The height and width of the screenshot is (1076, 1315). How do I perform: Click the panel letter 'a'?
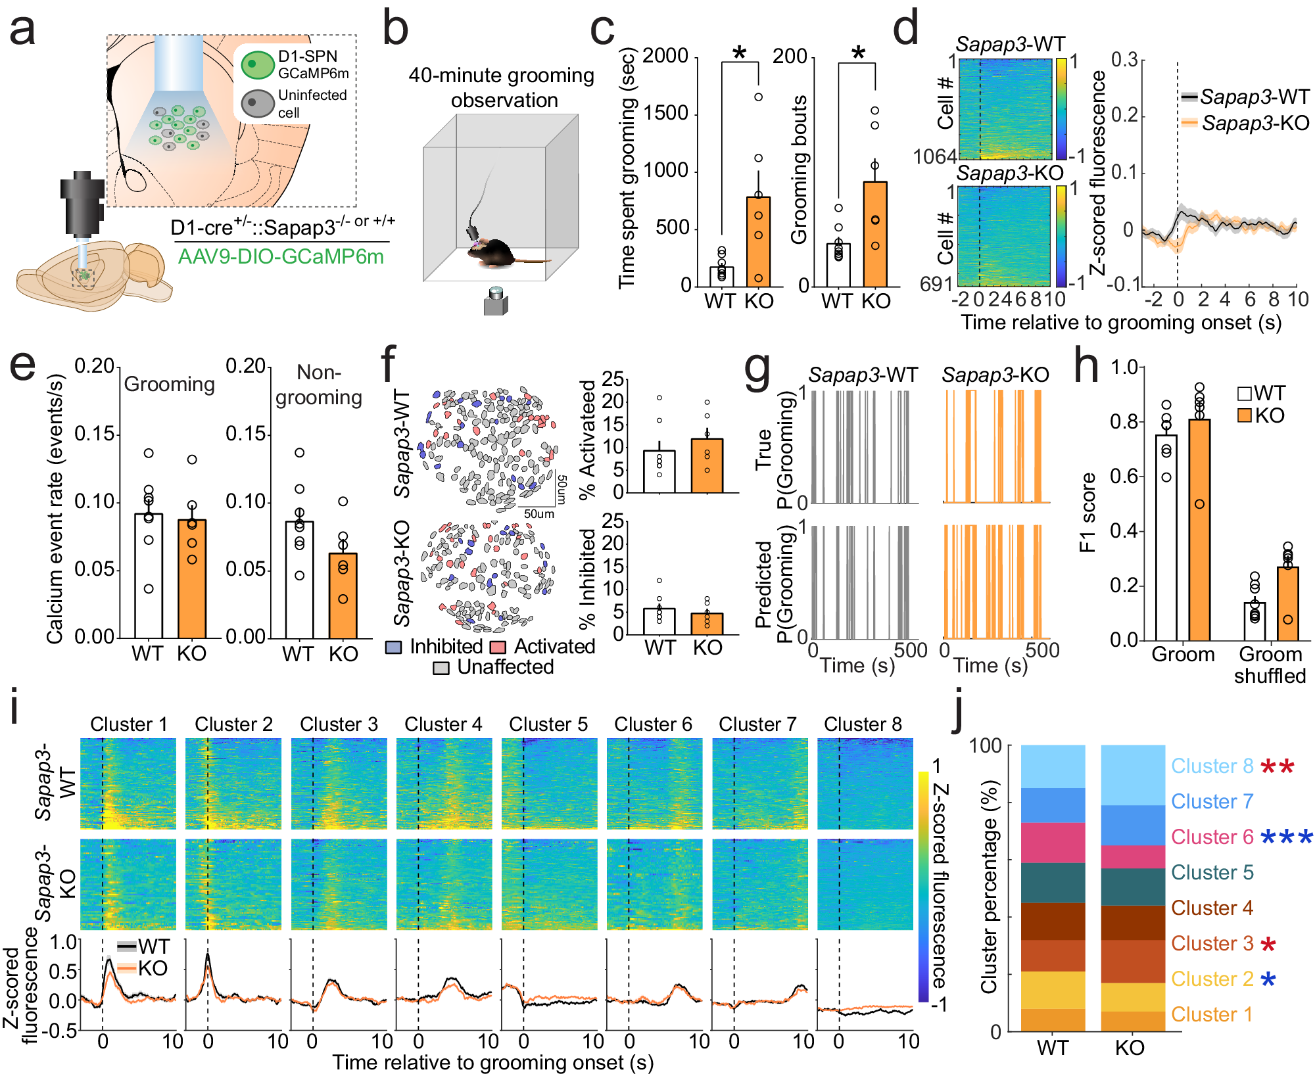[22, 31]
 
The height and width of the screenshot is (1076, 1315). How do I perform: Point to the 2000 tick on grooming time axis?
[665, 57]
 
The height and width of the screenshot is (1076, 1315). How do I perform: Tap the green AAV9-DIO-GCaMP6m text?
[281, 256]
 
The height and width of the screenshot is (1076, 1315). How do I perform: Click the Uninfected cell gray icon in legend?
[257, 103]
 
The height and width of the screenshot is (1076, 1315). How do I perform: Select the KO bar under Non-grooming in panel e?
[343, 596]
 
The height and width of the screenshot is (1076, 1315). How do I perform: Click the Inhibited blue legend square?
[393, 647]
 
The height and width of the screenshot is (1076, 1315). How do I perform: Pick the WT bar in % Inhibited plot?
[659, 621]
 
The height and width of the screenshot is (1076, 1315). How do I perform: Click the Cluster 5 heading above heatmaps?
[548, 724]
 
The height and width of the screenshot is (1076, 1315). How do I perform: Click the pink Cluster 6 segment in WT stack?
[1053, 843]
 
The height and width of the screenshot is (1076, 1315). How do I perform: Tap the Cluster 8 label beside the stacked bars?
[1212, 766]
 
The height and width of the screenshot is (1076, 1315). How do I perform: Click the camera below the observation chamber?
[496, 302]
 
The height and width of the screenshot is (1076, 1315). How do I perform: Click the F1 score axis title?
[1088, 513]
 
